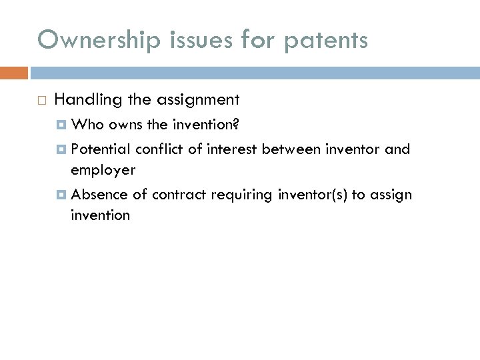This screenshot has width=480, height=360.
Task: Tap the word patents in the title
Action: (325, 40)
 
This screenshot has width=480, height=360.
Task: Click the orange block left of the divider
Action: (14, 73)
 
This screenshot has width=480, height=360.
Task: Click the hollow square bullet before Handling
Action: (41, 101)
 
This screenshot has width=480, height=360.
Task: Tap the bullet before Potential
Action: (62, 149)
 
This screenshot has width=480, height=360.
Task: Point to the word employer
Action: (103, 171)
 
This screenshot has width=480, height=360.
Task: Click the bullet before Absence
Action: (62, 195)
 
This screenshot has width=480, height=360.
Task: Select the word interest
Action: (232, 149)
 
